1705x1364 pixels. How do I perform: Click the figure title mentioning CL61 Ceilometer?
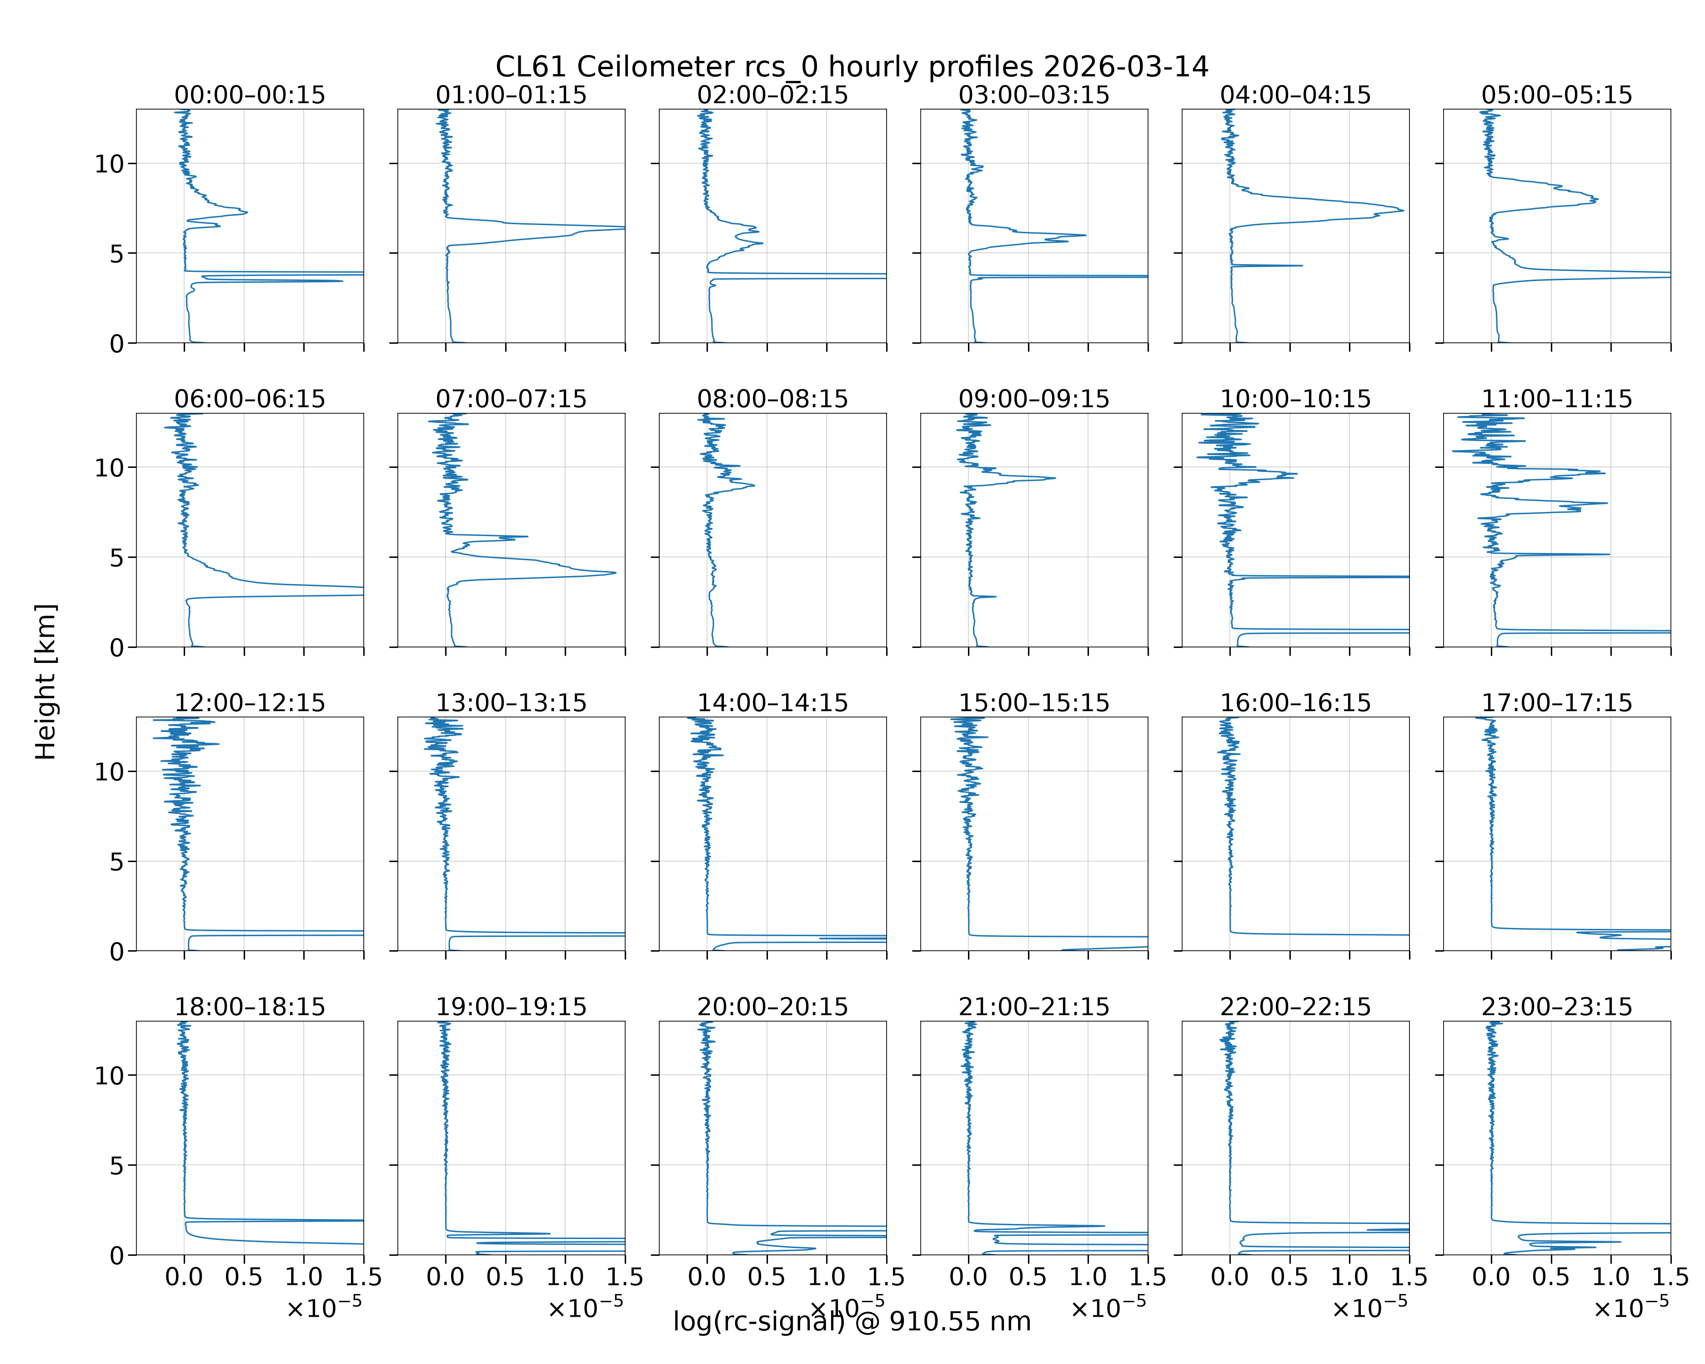click(852, 67)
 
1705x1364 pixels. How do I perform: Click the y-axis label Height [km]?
click(46, 682)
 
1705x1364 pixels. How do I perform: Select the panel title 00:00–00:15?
click(250, 95)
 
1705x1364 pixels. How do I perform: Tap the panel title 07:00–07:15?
click(511, 399)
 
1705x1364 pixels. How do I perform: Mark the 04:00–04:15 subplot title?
click(1295, 95)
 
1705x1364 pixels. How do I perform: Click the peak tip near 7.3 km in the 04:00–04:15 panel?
click(1404, 211)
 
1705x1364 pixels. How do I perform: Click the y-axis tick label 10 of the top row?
click(109, 165)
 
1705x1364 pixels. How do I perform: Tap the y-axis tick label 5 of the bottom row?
click(117, 1165)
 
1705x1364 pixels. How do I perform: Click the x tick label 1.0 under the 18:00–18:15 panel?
click(304, 1277)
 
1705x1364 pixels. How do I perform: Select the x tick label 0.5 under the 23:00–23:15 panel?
click(1551, 1277)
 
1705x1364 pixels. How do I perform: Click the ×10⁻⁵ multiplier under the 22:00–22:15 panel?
click(1370, 1308)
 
